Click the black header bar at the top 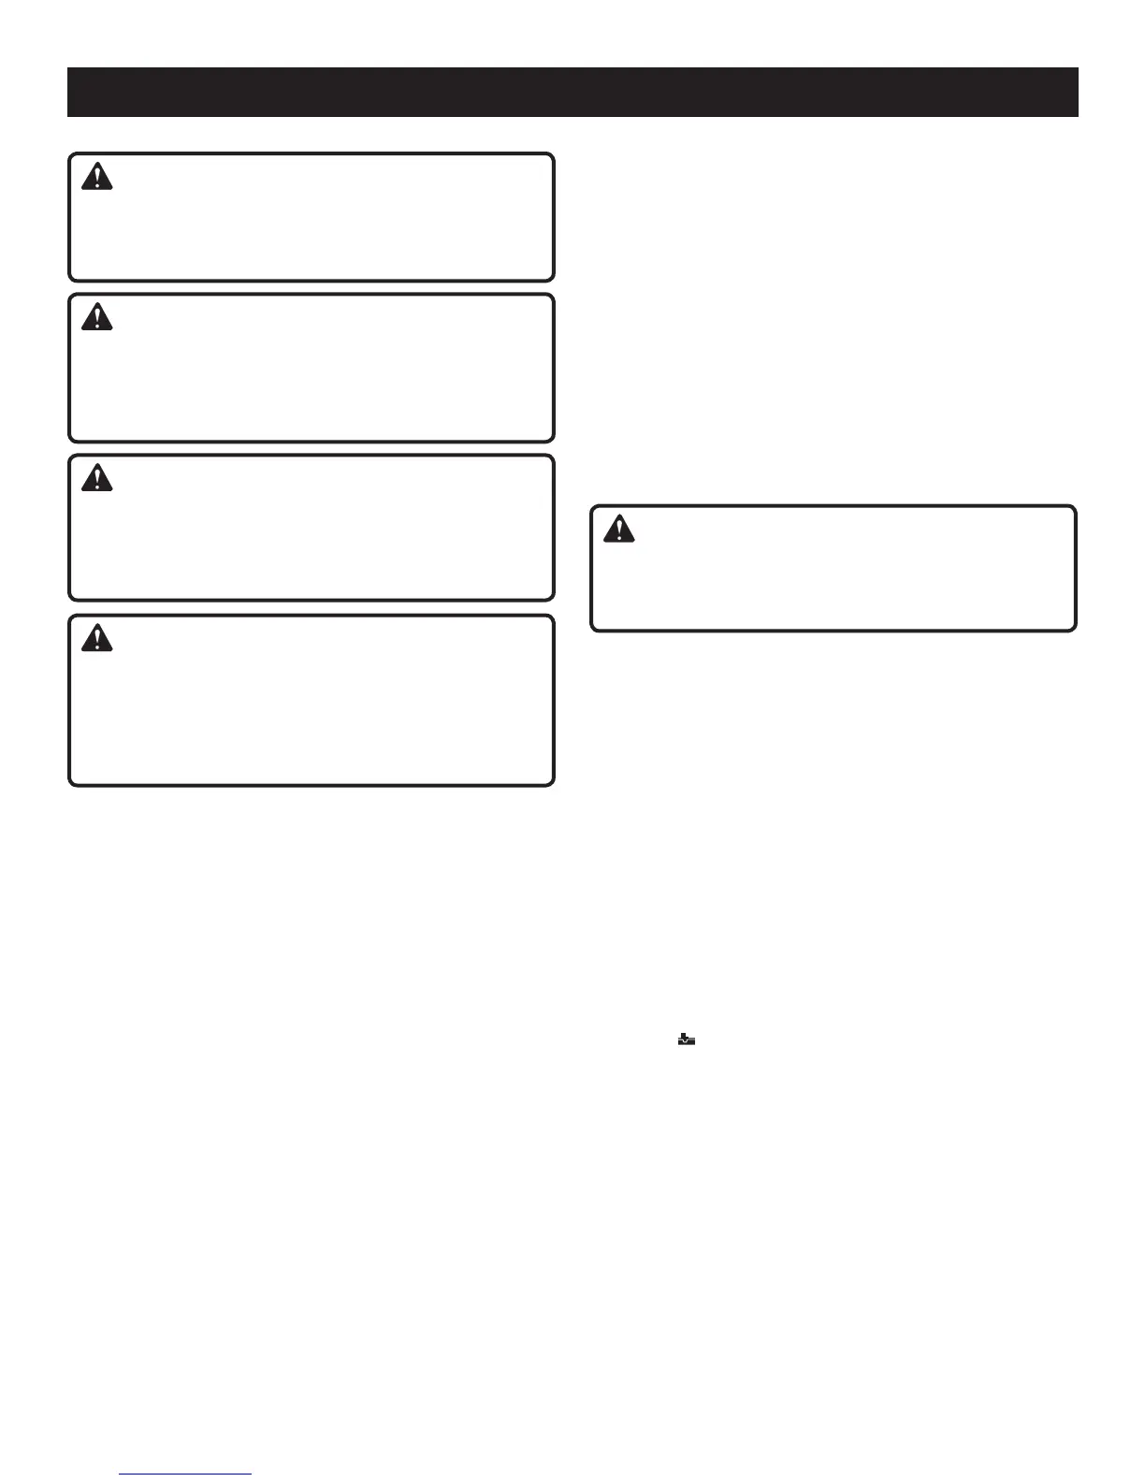tap(572, 92)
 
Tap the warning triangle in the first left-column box tap(96, 177)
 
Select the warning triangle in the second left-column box tap(96, 317)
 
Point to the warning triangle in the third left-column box tap(96, 478)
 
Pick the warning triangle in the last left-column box tap(96, 638)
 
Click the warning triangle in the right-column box tap(618, 530)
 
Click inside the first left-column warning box tap(312, 217)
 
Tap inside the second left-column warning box tap(312, 368)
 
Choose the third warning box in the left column tap(312, 528)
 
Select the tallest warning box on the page tap(312, 700)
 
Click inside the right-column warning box tap(833, 569)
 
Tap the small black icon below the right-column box tap(687, 1039)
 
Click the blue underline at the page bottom tap(185, 1475)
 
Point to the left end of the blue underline tap(121, 1475)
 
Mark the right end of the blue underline tap(251, 1475)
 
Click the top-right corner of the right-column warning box tap(1075, 508)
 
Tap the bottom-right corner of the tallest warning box tap(552, 783)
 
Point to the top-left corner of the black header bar tap(68, 68)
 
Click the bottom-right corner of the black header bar tap(1078, 115)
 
